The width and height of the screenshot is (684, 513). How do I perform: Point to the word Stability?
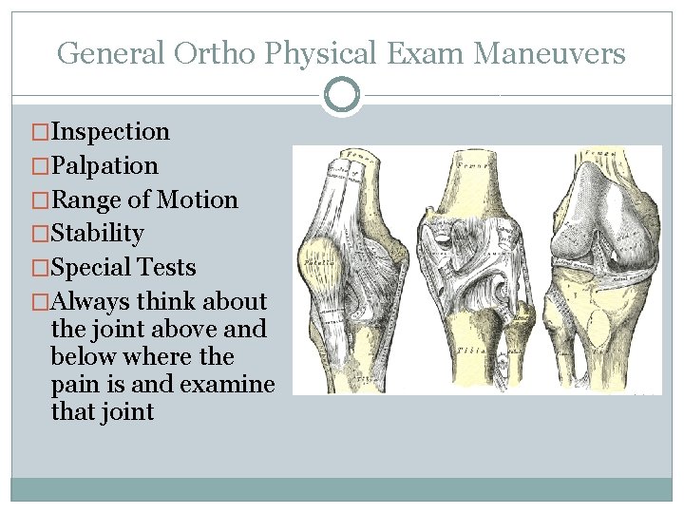[100, 234]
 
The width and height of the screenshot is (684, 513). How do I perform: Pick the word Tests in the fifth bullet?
[170, 268]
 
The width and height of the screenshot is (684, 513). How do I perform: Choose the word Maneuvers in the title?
[549, 53]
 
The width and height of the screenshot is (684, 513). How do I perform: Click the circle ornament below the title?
[342, 95]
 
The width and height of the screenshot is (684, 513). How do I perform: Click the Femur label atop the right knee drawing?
[600, 153]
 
